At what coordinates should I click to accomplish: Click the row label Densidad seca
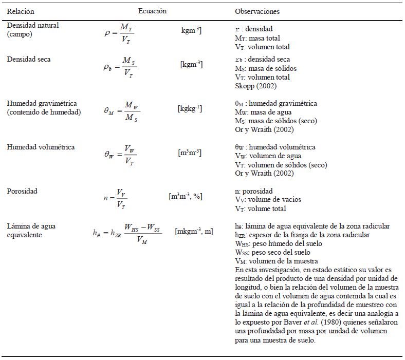(x=29, y=59)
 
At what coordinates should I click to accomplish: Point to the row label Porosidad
(x=22, y=191)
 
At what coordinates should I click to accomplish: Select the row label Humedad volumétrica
(x=41, y=147)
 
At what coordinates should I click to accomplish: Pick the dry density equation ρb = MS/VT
(x=120, y=67)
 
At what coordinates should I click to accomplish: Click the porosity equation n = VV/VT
(x=116, y=198)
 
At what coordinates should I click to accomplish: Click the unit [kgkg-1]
(x=190, y=109)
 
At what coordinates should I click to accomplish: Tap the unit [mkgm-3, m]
(x=194, y=232)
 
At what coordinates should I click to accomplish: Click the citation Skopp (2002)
(x=256, y=86)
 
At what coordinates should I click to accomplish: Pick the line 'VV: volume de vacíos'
(x=268, y=200)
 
